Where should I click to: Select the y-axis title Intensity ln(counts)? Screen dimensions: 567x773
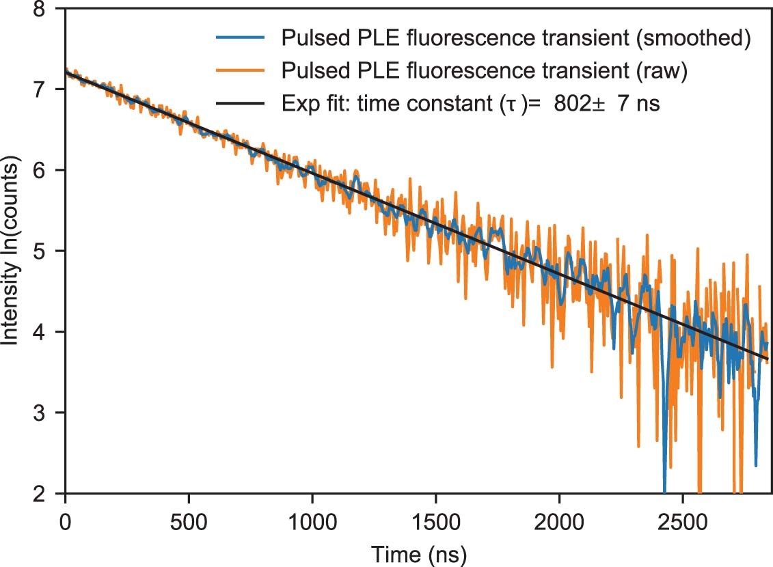pyautogui.click(x=12, y=252)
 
